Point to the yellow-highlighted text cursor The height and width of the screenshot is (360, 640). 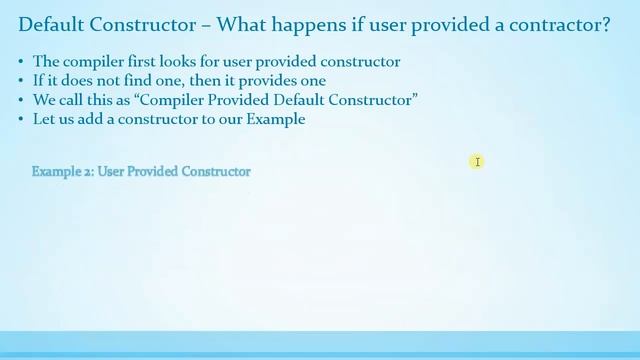click(478, 162)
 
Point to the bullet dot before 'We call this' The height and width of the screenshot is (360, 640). click(22, 100)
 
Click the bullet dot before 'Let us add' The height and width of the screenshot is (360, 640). click(22, 119)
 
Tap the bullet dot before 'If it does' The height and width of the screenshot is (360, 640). click(22, 81)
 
